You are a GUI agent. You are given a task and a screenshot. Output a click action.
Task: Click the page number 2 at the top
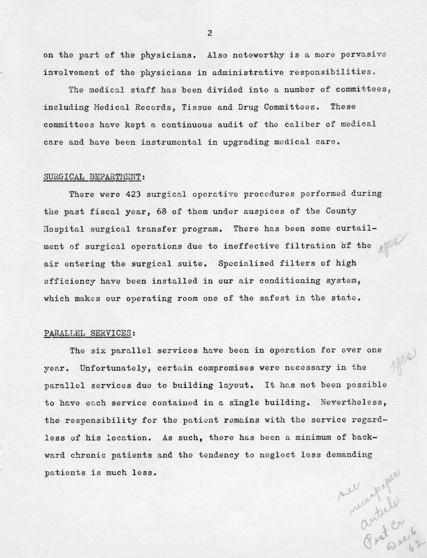(209, 34)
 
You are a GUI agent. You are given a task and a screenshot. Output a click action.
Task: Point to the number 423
(133, 194)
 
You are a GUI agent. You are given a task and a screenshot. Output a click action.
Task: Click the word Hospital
(64, 229)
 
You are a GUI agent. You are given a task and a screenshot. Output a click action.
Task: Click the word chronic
(88, 455)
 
